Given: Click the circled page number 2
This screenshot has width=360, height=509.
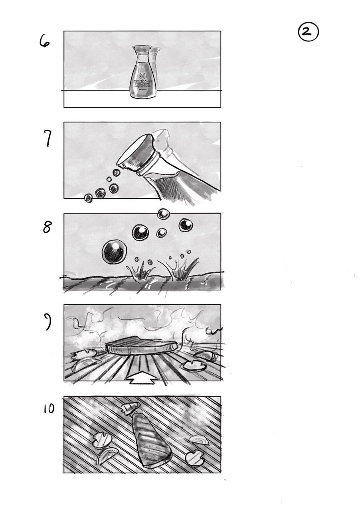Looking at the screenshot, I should coord(308,33).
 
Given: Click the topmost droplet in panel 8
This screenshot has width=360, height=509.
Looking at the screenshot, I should coord(163,214).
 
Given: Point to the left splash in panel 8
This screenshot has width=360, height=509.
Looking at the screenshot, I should coord(140,271).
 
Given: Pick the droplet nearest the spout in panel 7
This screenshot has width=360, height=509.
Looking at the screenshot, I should coord(117,173).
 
